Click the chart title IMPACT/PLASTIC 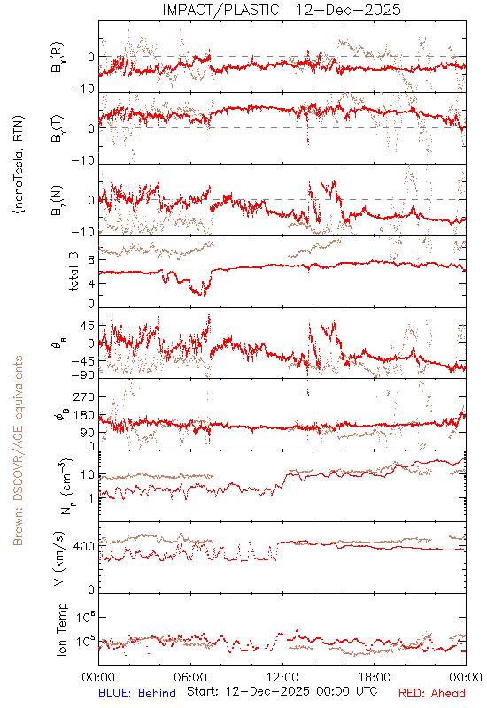220,10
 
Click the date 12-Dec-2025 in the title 348,10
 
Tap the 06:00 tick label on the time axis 190,677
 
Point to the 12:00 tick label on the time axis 282,677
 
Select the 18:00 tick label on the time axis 375,677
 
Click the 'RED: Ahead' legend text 431,693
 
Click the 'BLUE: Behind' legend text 137,693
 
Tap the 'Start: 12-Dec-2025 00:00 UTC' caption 282,691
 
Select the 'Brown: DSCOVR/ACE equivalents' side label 18,450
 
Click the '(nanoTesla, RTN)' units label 19,165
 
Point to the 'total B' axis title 73,272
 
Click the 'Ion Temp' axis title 61,629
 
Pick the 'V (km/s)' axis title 59,558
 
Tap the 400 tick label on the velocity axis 84,547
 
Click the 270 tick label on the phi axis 84,396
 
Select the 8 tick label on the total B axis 91,260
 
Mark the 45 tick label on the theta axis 88,326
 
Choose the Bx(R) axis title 58,58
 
